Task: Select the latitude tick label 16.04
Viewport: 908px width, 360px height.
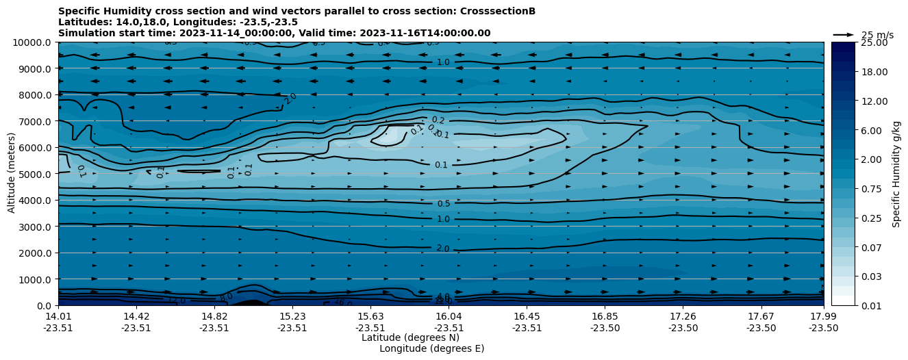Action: coord(449,316)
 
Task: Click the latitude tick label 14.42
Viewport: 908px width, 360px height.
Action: coord(136,316)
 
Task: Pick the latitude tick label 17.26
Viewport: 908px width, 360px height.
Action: coord(683,316)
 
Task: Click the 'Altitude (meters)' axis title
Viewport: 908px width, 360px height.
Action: coord(12,173)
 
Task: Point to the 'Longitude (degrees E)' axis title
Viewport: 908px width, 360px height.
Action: coord(431,348)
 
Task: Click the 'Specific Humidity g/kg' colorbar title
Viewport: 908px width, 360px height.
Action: coord(896,174)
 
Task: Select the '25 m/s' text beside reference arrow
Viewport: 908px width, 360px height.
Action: coord(877,35)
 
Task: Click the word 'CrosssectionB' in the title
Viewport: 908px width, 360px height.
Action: coord(500,11)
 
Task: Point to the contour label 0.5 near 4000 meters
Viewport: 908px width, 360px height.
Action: coord(444,204)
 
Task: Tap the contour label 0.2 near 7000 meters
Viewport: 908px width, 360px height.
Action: coord(438,120)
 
